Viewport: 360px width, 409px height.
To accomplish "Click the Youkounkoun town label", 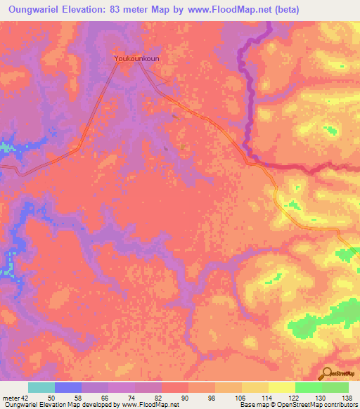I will [137, 60].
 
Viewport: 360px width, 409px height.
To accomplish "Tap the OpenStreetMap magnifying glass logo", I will [328, 374].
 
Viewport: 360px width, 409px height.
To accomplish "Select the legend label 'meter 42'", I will [15, 398].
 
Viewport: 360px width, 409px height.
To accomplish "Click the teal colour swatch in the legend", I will [41, 388].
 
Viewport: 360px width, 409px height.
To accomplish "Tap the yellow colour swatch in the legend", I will [281, 388].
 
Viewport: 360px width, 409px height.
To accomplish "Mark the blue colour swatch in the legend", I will [68, 388].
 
